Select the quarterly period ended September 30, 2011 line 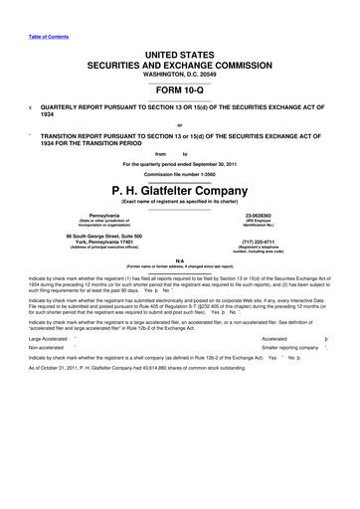(179, 164)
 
